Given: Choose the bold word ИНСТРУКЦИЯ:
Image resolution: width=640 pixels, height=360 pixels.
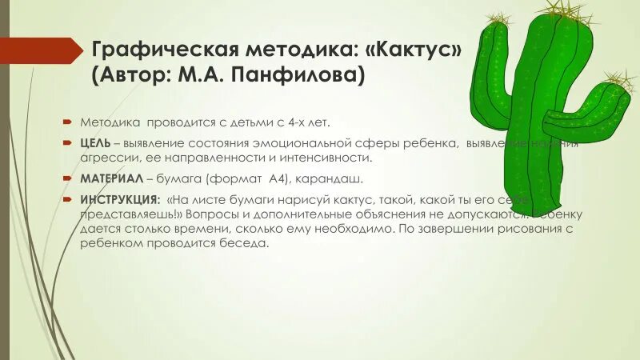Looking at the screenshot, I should pos(120,198).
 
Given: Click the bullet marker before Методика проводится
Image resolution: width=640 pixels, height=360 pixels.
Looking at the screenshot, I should pos(69,123).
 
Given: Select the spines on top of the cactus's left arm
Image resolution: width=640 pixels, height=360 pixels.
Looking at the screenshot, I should pos(498,19).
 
